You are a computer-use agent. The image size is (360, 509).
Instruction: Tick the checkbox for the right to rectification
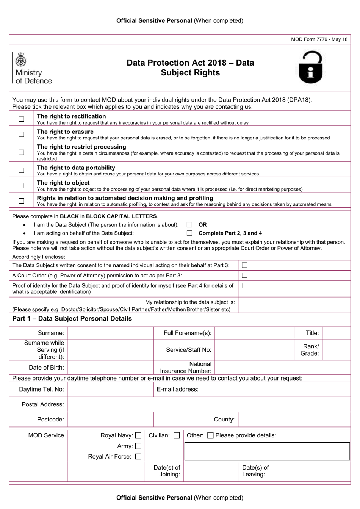22,119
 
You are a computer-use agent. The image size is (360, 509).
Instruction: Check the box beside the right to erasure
22,134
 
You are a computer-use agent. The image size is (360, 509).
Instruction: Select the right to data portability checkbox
22,170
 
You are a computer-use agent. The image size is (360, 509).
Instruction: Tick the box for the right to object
22,185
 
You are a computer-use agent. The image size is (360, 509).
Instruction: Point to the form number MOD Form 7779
319,39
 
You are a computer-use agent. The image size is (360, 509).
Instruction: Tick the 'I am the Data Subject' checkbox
189,225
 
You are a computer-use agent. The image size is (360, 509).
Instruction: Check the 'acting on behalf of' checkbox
189,233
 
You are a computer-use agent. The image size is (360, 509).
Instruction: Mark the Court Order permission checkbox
244,276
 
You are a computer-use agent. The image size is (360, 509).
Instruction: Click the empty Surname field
110,333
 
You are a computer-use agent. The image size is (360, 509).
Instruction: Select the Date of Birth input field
110,367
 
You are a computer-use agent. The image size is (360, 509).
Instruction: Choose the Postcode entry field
110,419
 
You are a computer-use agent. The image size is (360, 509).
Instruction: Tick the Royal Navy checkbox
138,435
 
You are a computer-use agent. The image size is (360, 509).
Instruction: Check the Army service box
138,446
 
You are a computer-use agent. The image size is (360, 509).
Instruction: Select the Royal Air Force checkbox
138,457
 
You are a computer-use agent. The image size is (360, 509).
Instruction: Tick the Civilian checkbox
177,435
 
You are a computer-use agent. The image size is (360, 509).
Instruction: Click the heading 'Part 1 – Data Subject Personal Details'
72,319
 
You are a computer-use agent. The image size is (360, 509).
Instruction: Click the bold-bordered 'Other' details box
267,451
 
